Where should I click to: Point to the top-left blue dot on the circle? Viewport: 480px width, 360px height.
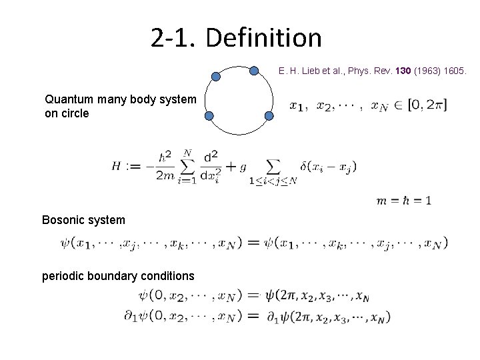click(215, 77)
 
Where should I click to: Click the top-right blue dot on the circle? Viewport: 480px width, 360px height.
click(255, 70)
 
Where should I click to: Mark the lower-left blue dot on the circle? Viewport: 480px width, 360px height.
click(209, 117)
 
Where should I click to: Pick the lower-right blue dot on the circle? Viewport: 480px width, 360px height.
click(269, 116)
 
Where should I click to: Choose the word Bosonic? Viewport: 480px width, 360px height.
click(64, 219)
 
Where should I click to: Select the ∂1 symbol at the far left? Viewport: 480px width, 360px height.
click(131, 316)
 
